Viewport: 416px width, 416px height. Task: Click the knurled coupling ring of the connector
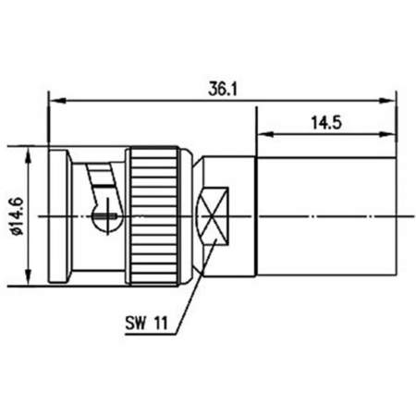(x=154, y=213)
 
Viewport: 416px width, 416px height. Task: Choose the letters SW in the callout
(x=135, y=324)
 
